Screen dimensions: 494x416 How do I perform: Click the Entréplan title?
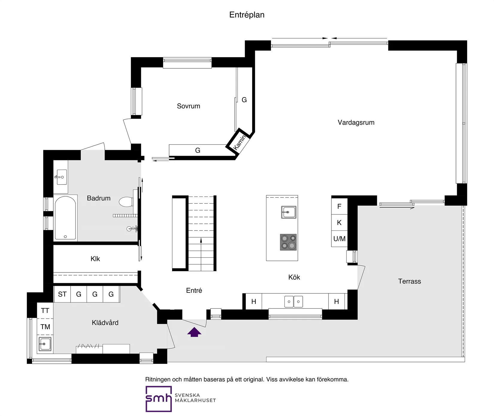pyautogui.click(x=247, y=15)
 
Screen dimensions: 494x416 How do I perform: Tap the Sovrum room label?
pyautogui.click(x=188, y=106)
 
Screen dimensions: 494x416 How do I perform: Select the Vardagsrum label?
pyautogui.click(x=356, y=123)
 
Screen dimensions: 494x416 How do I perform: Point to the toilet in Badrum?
pyautogui.click(x=126, y=202)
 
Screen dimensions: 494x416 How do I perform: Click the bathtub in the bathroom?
pyautogui.click(x=66, y=218)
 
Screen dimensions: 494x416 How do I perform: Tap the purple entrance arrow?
pyautogui.click(x=194, y=332)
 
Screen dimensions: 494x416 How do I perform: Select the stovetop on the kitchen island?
pyautogui.click(x=288, y=242)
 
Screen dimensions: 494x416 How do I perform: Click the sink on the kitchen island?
pyautogui.click(x=289, y=212)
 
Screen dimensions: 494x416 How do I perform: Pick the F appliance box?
pyautogui.click(x=339, y=207)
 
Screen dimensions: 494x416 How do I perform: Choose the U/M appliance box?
pyautogui.click(x=339, y=239)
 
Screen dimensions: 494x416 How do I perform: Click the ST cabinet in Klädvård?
pyautogui.click(x=62, y=294)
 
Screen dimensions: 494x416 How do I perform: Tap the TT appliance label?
pyautogui.click(x=45, y=311)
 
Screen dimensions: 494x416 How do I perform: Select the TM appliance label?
pyautogui.click(x=45, y=327)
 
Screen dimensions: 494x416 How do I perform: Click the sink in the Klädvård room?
pyautogui.click(x=45, y=344)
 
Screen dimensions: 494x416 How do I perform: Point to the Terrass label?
pyautogui.click(x=410, y=281)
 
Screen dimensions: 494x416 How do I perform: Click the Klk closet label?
pyautogui.click(x=95, y=259)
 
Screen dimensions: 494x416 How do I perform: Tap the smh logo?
pyautogui.click(x=159, y=399)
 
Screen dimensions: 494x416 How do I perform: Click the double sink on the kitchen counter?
pyautogui.click(x=294, y=302)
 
